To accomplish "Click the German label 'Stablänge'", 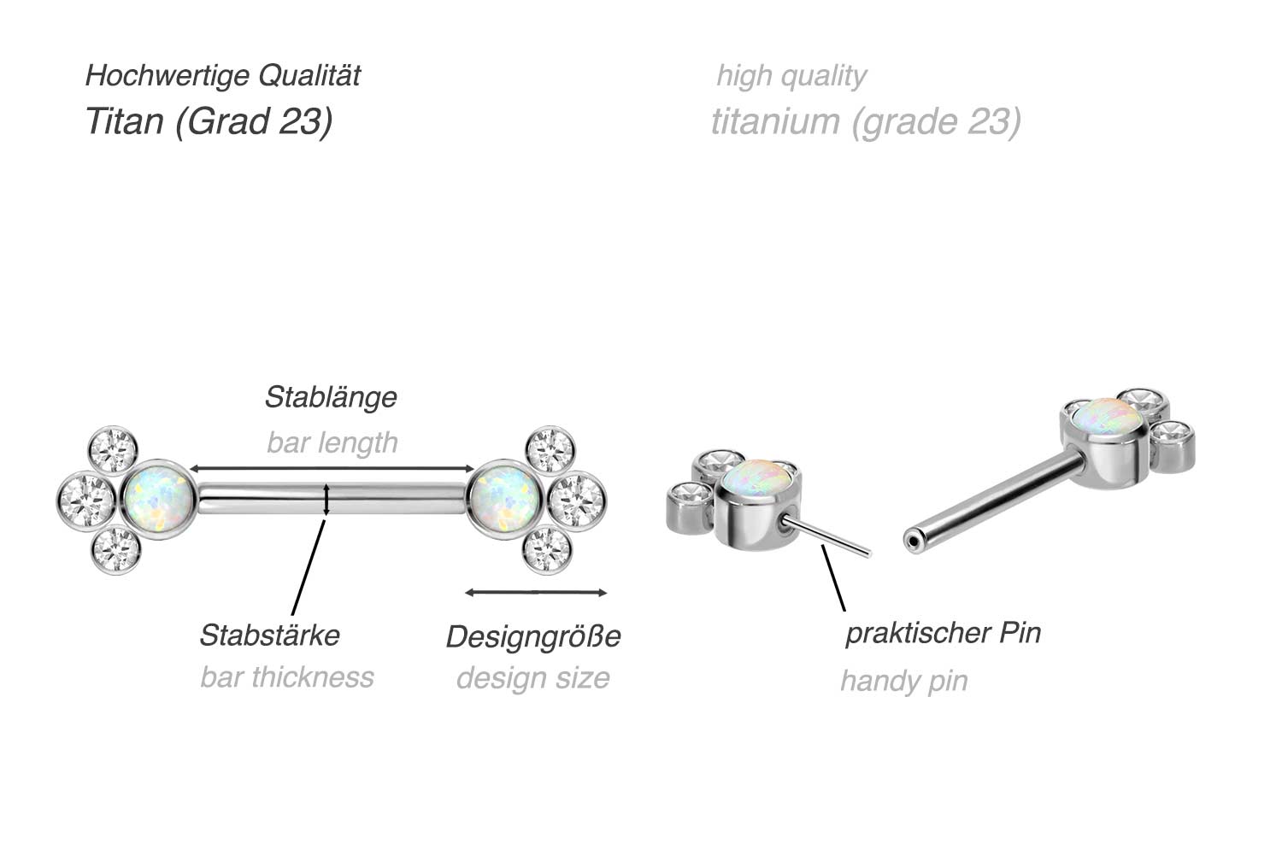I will (331, 397).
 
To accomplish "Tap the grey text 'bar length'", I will (332, 442).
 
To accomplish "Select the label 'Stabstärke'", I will (269, 635).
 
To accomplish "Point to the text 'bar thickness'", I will (287, 677).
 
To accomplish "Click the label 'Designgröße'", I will (533, 636).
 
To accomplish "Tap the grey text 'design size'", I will (532, 678).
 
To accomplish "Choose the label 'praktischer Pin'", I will (943, 633).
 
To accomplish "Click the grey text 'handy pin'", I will (903, 681).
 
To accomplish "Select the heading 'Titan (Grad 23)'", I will (209, 121).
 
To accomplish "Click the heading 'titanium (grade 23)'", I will (865, 121).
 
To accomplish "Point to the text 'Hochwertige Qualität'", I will (222, 75).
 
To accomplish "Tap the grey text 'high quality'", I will (791, 75).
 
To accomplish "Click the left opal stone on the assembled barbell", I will (158, 499).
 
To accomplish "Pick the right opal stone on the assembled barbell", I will (504, 499).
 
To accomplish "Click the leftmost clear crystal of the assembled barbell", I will (85, 500).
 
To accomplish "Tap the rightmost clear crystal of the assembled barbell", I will (577, 500).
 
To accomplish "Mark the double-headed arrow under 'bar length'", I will (332, 468).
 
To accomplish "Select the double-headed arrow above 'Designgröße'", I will (536, 592).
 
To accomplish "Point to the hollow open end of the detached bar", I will (914, 539).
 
